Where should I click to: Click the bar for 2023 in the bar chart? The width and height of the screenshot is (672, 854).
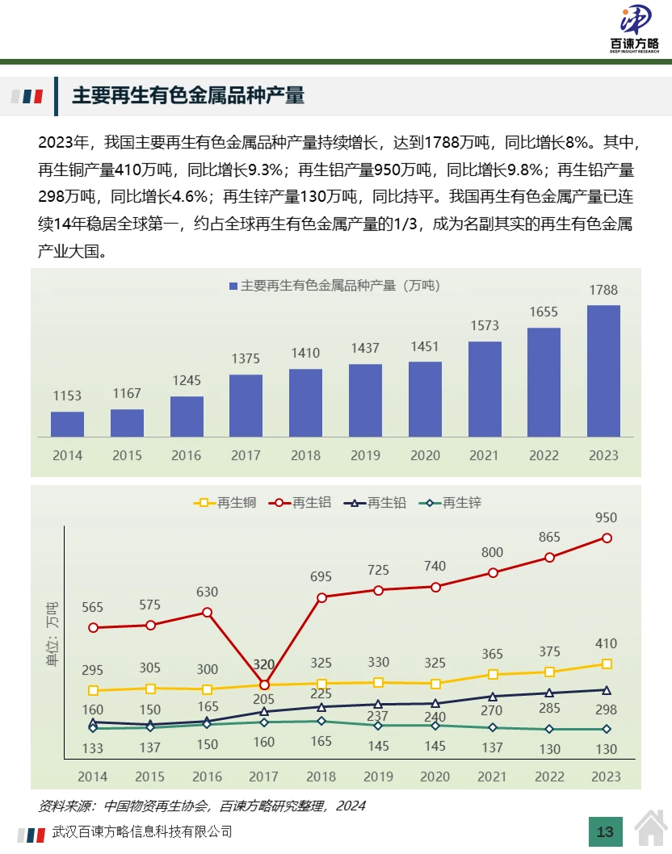pos(603,370)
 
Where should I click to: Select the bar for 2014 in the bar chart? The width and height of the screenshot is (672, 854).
pos(67,424)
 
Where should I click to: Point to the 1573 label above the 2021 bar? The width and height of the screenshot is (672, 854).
pos(484,326)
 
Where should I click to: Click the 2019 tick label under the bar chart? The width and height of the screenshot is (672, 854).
pos(365,455)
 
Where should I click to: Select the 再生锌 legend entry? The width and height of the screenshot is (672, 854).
pos(452,502)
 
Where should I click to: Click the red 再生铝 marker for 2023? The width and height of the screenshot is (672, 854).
pos(607,538)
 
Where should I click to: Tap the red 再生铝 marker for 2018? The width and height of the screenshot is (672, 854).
pos(321,597)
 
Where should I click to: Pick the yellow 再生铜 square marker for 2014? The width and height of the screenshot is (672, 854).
pos(93,690)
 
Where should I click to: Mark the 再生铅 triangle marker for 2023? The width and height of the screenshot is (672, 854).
pos(607,690)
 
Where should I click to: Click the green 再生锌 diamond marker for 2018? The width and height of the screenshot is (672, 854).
pos(321,722)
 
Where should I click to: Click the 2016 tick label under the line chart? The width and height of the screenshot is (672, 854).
pos(207,777)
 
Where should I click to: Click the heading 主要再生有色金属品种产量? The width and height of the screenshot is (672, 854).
pos(188,96)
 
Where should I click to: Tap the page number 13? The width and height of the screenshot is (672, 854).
pos(605,832)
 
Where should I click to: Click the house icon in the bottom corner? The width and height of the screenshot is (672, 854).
pos(651,831)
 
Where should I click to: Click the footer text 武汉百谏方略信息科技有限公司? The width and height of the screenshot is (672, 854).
pos(141,831)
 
